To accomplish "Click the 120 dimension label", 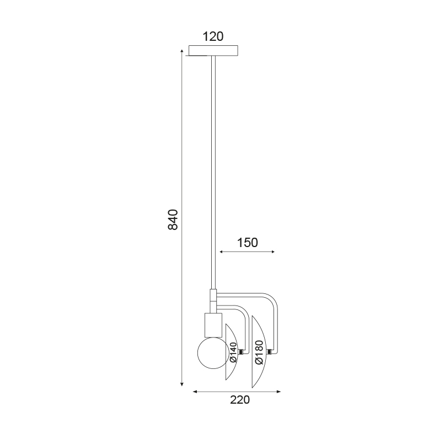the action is coord(213,36).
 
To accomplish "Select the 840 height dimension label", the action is coord(173,219).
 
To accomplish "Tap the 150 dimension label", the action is coord(248,243).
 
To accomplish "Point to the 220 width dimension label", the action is coord(240,400).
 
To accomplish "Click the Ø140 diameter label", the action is coord(234,352).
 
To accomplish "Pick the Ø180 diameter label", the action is coord(259,352).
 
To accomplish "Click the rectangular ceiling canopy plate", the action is coord(213,50).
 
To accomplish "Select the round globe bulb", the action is coord(213,353).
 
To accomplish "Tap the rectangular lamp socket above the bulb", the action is coord(213,325).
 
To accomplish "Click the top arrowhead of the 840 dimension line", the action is coord(182,51).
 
